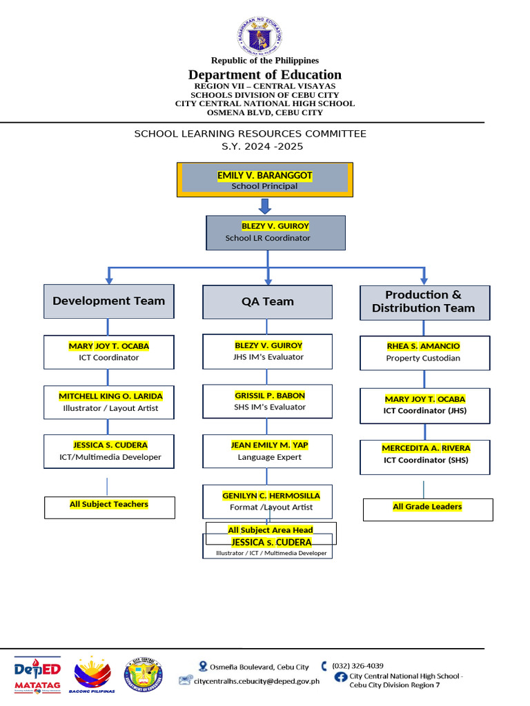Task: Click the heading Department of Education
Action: coord(265,74)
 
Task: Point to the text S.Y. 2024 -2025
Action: coord(262,146)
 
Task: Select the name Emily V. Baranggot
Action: coord(265,176)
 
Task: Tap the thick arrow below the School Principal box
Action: coord(266,206)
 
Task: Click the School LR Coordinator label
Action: coord(268,238)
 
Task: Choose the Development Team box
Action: coord(109,301)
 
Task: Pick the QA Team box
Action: coord(268,301)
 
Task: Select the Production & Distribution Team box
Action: coord(424,302)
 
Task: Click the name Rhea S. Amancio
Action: coord(424,346)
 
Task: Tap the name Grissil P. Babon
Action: coord(269,396)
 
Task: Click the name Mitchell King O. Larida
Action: coord(110,396)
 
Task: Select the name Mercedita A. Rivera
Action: coord(426,448)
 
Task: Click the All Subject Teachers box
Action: coord(109,505)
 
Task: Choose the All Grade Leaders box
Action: coord(428,508)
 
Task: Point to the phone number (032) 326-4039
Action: coord(357,666)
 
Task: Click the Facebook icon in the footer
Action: coord(340,677)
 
